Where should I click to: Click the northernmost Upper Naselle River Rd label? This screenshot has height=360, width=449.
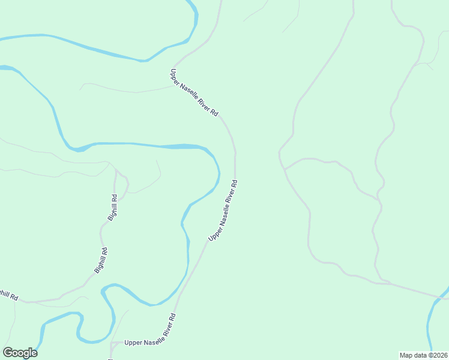point(194,92)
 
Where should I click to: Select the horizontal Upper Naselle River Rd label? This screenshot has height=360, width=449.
point(149,343)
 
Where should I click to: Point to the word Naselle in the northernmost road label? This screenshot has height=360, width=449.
point(193,92)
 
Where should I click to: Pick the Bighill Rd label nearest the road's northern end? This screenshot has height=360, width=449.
point(113,208)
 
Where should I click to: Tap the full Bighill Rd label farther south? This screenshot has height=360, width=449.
point(101,261)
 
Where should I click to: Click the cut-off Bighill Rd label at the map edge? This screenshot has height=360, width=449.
point(8,295)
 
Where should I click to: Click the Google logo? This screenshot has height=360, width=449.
point(20,353)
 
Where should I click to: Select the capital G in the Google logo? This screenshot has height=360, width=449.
point(8,353)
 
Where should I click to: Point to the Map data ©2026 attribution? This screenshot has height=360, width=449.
point(424,355)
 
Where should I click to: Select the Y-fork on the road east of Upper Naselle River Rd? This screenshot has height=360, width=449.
point(285,169)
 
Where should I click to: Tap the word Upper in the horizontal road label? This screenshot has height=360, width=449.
point(133,343)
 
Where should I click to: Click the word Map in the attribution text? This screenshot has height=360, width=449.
point(406,355)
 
